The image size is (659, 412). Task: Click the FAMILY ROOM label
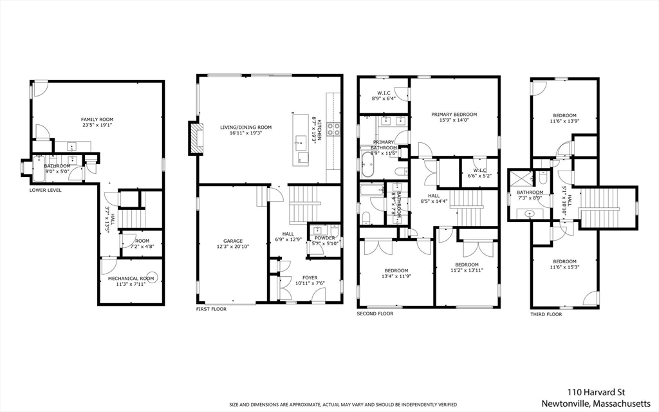click(97, 119)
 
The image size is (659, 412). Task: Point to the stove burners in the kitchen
click(333, 128)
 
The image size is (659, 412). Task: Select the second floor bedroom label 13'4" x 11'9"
click(396, 270)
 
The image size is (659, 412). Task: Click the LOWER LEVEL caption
click(46, 190)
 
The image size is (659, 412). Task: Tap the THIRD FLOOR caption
click(546, 314)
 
